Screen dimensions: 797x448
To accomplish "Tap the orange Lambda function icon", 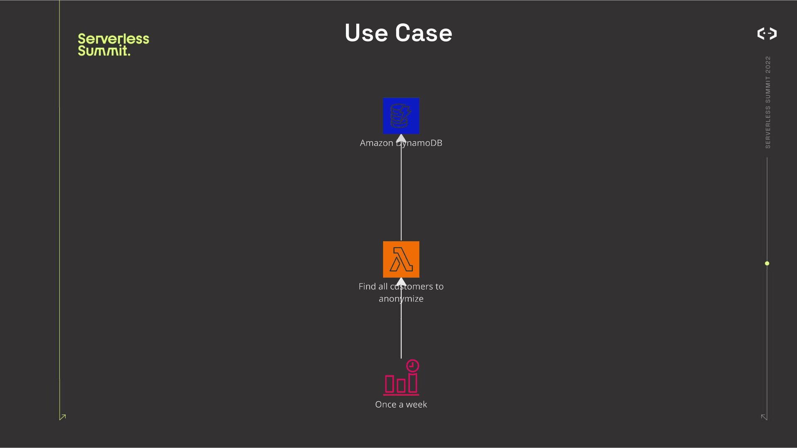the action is click(x=401, y=259).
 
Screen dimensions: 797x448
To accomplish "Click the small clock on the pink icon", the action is click(x=412, y=365).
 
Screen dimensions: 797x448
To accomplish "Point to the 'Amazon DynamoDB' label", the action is click(x=401, y=143).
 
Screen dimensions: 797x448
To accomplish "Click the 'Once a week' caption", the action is click(x=401, y=404).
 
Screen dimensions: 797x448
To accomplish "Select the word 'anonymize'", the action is click(x=401, y=299).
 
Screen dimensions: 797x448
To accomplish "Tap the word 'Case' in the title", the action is click(x=423, y=33).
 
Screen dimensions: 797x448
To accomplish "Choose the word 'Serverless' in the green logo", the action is click(x=113, y=39).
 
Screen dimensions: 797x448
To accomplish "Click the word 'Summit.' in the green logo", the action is click(x=104, y=51).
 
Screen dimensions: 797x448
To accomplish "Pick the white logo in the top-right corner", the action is click(x=767, y=33).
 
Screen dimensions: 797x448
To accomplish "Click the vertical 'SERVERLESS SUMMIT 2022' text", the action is click(x=768, y=102).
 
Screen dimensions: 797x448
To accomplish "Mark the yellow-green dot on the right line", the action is click(x=767, y=263).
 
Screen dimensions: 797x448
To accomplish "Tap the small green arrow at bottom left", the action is click(x=63, y=417).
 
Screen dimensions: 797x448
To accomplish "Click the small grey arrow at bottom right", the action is click(x=764, y=417).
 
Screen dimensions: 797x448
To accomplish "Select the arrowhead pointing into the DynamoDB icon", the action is click(x=401, y=138).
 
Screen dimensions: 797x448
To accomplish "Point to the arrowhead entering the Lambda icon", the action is click(x=401, y=282).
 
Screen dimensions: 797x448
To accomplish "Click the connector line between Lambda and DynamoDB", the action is click(x=401, y=191).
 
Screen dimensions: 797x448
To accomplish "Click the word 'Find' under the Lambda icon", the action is click(x=367, y=287).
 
